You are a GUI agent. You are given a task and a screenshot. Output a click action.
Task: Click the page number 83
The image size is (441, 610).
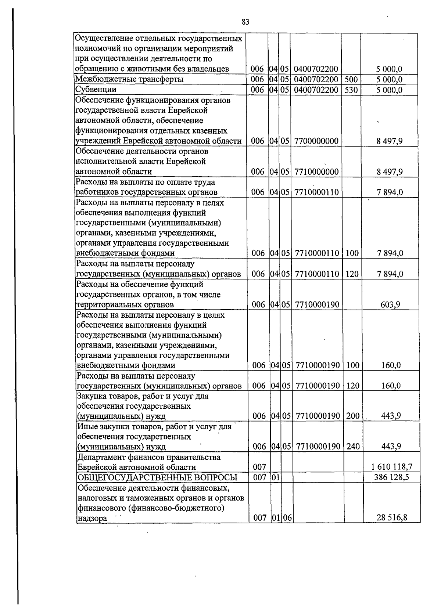[246, 22]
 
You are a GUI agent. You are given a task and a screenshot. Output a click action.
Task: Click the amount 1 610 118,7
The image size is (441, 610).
[391, 467]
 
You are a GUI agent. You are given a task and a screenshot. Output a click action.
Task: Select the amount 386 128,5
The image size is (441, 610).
[391, 477]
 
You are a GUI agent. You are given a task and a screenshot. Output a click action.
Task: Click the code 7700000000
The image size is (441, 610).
[316, 141]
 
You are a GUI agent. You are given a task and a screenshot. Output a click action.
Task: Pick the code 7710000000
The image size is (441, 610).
[316, 172]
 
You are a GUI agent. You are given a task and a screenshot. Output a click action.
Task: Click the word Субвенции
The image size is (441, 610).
[96, 90]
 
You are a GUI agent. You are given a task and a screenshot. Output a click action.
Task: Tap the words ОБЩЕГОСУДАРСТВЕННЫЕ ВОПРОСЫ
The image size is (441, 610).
[157, 477]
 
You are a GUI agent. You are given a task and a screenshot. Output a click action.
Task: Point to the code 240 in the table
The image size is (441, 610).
[353, 447]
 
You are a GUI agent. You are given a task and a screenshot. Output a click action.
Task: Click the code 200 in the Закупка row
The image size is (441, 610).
[353, 416]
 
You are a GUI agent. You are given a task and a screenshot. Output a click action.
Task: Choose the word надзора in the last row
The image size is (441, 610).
[92, 518]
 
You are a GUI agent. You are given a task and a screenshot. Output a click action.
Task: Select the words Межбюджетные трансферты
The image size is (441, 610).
[129, 79]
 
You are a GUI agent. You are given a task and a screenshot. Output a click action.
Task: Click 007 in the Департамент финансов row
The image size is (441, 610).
[259, 467]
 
